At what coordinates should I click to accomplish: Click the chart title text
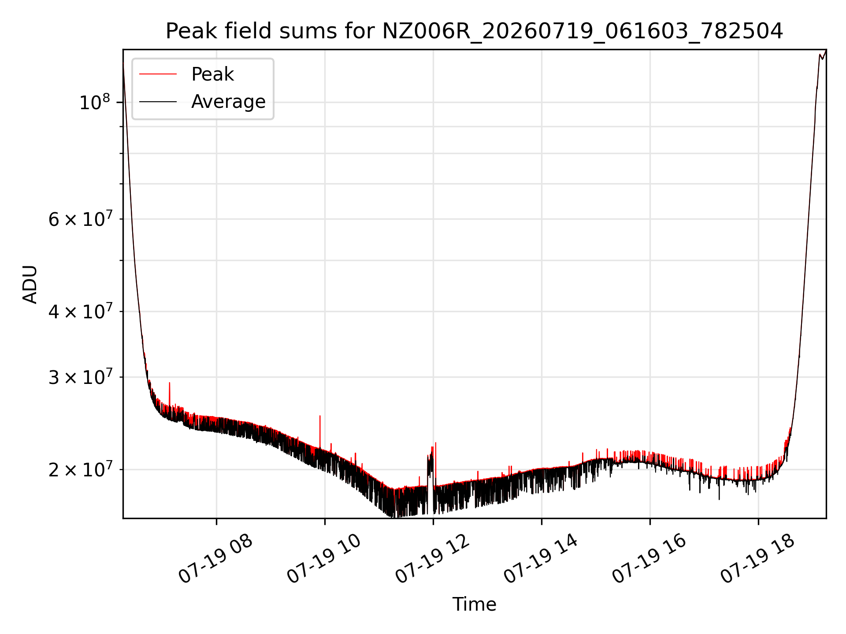click(x=474, y=31)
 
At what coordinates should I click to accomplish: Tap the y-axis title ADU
click(x=30, y=284)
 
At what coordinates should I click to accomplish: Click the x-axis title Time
click(x=474, y=604)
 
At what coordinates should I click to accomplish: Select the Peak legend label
click(x=212, y=74)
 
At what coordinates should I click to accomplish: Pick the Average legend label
click(x=228, y=102)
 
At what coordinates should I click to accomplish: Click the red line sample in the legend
click(x=158, y=74)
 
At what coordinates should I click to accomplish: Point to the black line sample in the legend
click(x=158, y=102)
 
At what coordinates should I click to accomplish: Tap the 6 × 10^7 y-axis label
click(x=80, y=219)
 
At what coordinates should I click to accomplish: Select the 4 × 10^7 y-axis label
click(x=80, y=311)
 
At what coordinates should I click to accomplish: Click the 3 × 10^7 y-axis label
click(x=80, y=377)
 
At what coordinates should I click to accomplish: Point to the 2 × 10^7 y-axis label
click(x=80, y=470)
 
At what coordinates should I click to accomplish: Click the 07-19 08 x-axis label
click(x=216, y=559)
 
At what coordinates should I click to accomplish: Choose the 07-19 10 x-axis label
click(x=324, y=559)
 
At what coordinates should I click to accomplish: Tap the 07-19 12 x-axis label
click(x=433, y=559)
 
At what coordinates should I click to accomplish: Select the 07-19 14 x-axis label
click(x=541, y=559)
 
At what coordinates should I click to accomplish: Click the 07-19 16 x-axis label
click(x=649, y=559)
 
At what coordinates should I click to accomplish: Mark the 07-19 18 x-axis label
click(x=758, y=559)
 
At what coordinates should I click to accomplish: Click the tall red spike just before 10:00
click(x=320, y=432)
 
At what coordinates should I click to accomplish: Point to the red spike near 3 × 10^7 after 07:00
click(x=170, y=394)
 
